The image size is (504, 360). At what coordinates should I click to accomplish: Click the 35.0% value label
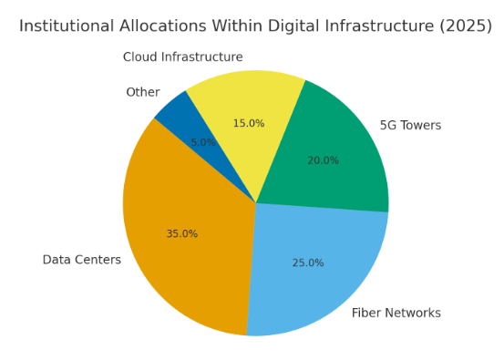point(182,234)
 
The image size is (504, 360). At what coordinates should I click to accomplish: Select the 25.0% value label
point(308,263)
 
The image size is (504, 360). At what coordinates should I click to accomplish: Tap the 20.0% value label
point(323,161)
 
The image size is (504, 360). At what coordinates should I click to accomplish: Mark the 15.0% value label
point(249,124)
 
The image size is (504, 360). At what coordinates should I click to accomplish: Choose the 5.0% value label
point(203,143)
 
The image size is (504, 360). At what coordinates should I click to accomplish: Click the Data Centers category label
point(82,260)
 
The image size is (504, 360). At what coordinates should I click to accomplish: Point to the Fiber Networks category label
point(396,314)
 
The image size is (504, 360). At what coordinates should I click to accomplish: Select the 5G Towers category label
point(410,126)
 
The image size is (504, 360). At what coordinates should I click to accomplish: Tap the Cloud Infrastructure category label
point(183,57)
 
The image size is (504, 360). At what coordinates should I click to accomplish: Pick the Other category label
point(143,92)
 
